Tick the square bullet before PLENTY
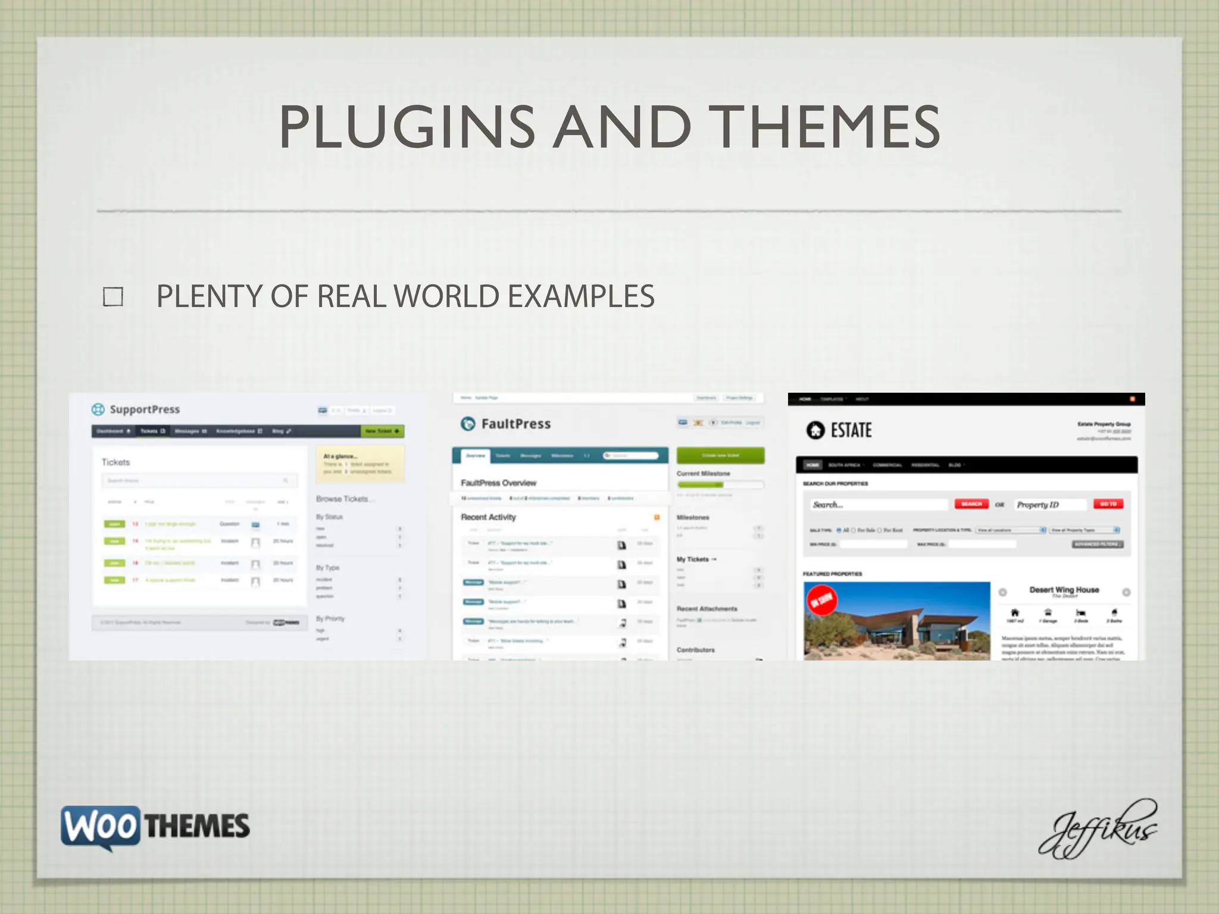(x=113, y=296)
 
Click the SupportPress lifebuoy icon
(x=98, y=409)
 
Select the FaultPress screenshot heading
(x=515, y=424)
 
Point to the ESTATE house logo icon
(x=815, y=430)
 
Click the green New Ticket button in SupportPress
(x=382, y=431)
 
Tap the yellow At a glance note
(x=360, y=464)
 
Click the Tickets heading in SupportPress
(x=115, y=462)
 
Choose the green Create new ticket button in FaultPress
(x=720, y=455)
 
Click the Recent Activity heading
(x=489, y=517)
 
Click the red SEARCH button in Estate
(x=971, y=504)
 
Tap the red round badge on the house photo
(x=822, y=600)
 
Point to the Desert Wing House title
(x=1064, y=590)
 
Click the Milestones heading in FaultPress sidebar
(x=693, y=518)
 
